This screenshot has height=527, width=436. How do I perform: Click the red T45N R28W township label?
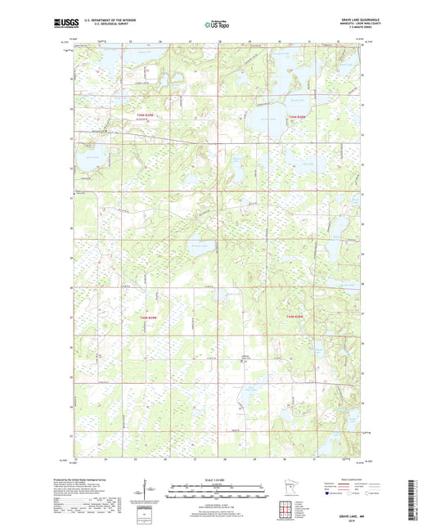point(297,116)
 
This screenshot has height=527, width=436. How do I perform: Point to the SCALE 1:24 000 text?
point(218,478)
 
